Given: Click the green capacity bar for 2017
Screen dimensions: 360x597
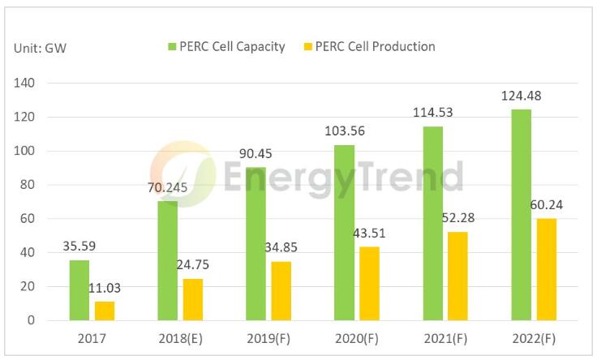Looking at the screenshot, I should pyautogui.click(x=79, y=290).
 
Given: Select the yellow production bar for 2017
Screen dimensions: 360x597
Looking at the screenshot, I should pyautogui.click(x=104, y=311).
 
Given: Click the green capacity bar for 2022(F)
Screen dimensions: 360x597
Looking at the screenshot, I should pyautogui.click(x=521, y=215).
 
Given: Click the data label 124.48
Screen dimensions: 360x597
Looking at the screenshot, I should pyautogui.click(x=521, y=96).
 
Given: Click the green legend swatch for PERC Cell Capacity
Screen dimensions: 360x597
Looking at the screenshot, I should pyautogui.click(x=172, y=47).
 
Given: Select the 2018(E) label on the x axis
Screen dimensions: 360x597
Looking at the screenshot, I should pyautogui.click(x=180, y=337).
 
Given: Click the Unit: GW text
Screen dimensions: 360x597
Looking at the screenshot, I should pyautogui.click(x=40, y=49).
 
